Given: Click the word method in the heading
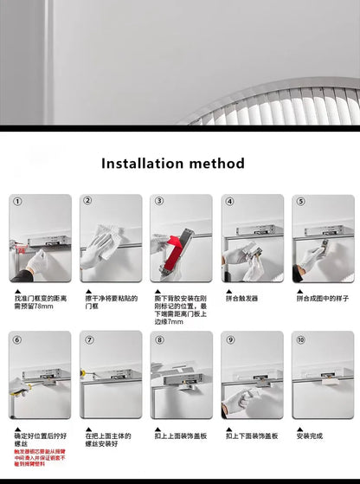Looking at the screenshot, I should click(x=224, y=164).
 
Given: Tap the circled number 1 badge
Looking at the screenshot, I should click(x=17, y=201).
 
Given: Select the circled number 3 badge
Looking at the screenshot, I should click(x=158, y=201).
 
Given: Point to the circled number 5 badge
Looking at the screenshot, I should click(x=299, y=201).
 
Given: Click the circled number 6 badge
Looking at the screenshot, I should click(x=17, y=339).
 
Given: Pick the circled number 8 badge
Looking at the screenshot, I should click(x=158, y=339).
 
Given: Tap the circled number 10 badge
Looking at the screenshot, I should click(x=300, y=339).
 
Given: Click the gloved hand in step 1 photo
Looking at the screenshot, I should click(x=36, y=261).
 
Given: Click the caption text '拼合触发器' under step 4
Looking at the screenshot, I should click(x=242, y=298).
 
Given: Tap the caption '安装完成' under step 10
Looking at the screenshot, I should click(x=310, y=436).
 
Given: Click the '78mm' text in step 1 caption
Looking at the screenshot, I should click(x=45, y=306).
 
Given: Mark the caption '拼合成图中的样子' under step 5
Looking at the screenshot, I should click(x=323, y=298).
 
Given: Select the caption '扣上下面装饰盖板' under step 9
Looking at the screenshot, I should click(x=252, y=436).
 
